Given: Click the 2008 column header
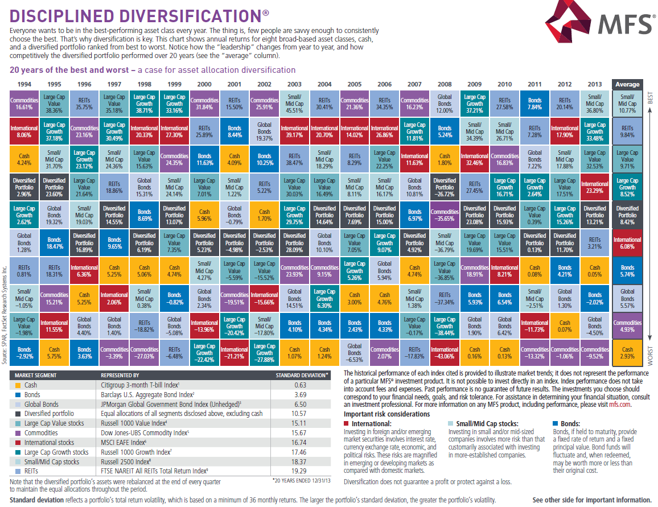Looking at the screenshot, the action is (445, 84).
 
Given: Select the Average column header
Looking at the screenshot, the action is (627, 84).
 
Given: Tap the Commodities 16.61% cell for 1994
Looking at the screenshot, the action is (24, 104).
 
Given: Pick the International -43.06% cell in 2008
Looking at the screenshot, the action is (445, 353).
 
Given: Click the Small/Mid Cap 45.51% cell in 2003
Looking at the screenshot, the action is (295, 104).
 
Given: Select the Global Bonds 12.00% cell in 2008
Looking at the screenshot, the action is (445, 104).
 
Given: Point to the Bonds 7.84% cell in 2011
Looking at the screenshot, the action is (534, 104).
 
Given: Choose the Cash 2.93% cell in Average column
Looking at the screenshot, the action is (627, 353).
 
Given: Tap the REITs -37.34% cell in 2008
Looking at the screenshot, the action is (445, 298).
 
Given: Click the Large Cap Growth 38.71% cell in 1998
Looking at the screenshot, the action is (145, 104).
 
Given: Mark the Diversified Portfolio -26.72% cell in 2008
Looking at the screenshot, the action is (445, 187).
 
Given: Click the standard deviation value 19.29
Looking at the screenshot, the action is (299, 471).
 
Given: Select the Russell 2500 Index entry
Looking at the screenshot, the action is (126, 461).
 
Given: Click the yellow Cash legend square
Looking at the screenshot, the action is (18, 385).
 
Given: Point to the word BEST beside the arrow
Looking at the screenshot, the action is (650, 98).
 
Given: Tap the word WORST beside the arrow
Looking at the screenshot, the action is (650, 356).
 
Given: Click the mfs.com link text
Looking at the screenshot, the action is (619, 405).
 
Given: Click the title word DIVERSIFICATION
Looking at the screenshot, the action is (191, 16).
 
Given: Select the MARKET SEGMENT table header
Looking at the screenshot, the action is (36, 376).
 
